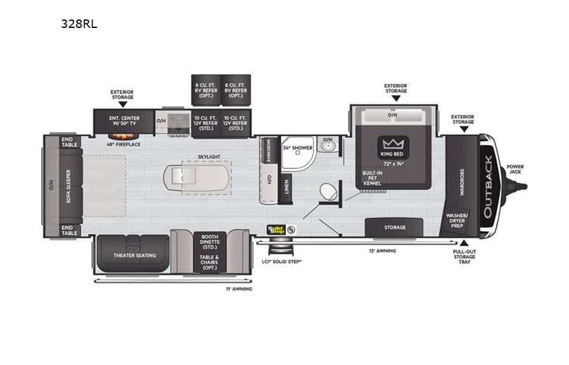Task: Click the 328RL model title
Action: pyautogui.click(x=79, y=23)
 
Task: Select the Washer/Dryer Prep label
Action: pyautogui.click(x=456, y=221)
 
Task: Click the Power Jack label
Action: pyautogui.click(x=515, y=169)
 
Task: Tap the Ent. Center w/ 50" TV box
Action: pyautogui.click(x=123, y=121)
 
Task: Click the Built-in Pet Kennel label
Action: pyautogui.click(x=372, y=178)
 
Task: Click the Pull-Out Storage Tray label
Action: pyautogui.click(x=465, y=257)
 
